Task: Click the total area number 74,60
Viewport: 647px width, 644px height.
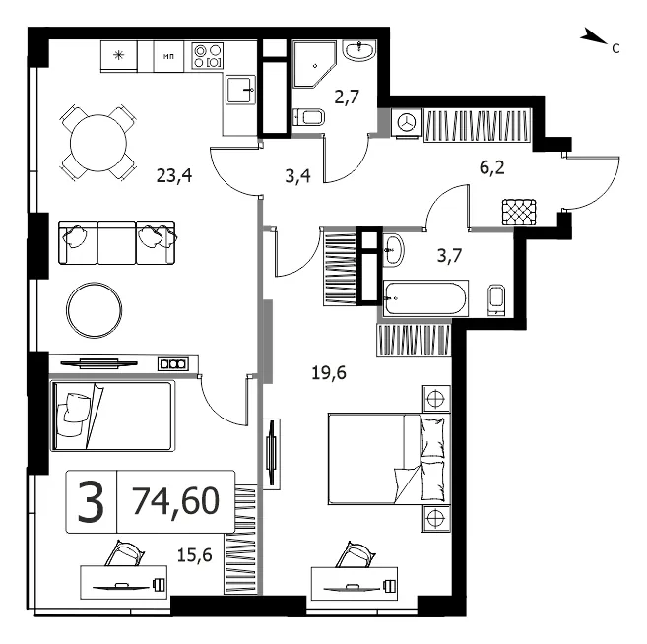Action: coord(175,500)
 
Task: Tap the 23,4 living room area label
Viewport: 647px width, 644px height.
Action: coord(174,176)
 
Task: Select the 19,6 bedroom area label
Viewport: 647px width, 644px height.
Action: coord(329,373)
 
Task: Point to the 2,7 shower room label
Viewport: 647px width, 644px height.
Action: coord(347,97)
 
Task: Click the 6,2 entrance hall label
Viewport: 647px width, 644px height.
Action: coord(492,167)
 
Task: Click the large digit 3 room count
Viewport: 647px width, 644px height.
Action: coord(91,501)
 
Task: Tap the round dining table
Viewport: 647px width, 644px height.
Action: coord(98,143)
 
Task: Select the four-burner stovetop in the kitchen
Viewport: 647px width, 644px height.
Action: coord(208,56)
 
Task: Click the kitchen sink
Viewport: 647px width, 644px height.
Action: coord(241,90)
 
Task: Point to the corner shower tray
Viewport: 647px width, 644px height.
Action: coord(314,64)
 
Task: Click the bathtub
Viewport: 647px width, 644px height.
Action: coord(425,298)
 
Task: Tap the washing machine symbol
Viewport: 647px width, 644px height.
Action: coord(406,122)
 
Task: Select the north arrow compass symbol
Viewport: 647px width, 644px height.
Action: coord(594,36)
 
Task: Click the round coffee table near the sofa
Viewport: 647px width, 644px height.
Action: coord(95,310)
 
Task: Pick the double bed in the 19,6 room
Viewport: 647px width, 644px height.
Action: coord(389,459)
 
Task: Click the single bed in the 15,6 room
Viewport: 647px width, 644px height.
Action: coord(111,416)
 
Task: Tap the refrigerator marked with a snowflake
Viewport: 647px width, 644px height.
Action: coord(119,56)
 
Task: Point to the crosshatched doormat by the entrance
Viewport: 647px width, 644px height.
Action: coord(519,212)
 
